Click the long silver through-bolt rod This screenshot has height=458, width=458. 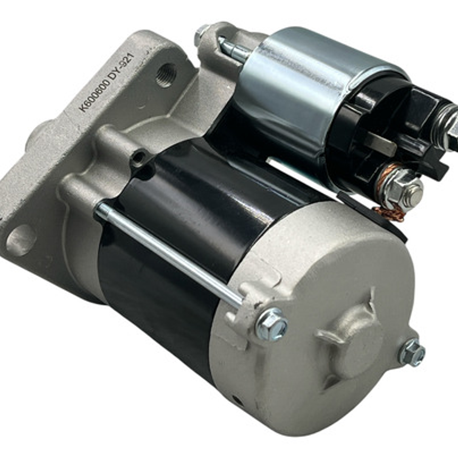170,255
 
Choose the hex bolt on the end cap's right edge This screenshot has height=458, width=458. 412,353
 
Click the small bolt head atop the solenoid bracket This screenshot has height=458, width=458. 201,34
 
